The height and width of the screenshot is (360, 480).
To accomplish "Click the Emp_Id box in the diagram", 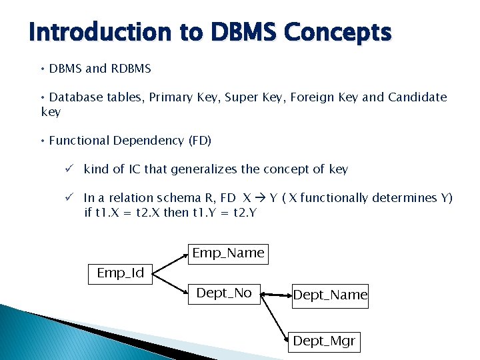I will tap(121, 274).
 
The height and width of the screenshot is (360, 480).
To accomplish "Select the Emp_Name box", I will tap(228, 254).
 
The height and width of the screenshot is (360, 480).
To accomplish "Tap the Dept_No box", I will tap(224, 294).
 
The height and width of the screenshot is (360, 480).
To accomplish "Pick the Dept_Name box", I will tap(330, 295).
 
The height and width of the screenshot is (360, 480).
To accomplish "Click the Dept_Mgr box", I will tap(325, 342).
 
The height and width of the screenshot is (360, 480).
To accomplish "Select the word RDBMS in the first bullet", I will tap(131, 69).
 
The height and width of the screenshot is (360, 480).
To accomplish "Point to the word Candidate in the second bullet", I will tap(417, 97).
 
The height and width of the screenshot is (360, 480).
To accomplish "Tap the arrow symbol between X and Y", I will tap(261, 198).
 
